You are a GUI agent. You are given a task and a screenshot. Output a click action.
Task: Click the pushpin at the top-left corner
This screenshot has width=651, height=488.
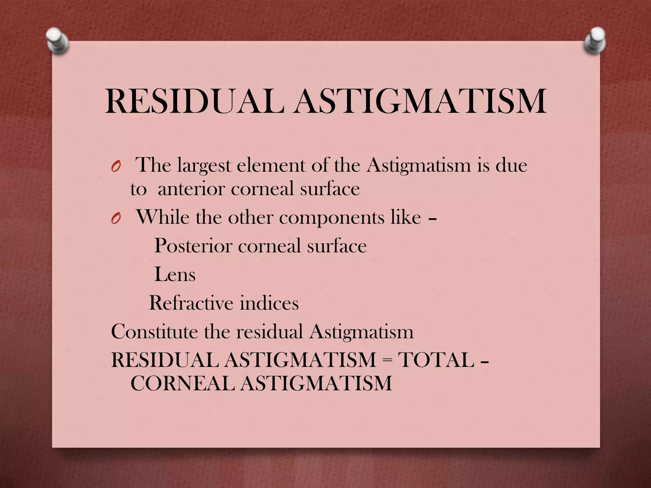57,41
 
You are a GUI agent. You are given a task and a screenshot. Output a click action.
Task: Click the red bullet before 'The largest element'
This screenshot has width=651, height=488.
116,166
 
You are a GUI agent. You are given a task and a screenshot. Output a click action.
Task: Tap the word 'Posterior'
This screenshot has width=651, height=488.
193,246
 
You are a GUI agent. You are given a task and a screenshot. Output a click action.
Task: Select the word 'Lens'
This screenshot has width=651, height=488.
175,274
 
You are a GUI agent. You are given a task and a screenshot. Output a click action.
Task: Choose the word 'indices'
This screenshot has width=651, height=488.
269,303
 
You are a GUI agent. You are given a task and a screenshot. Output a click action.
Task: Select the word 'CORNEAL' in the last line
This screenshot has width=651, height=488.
182,383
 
